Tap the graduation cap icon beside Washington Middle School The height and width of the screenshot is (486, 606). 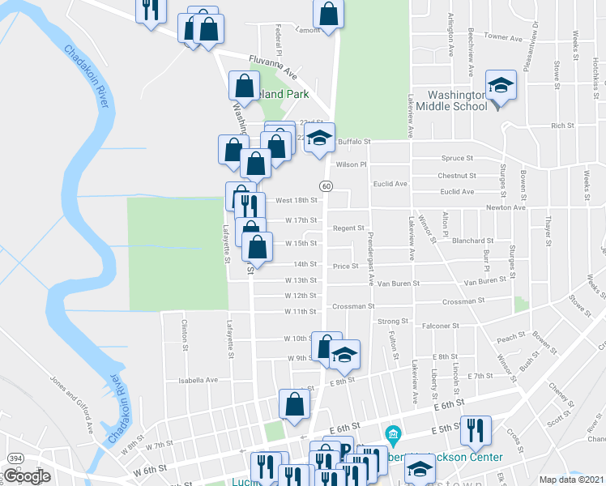click(x=501, y=87)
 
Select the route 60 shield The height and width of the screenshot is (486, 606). click(x=326, y=186)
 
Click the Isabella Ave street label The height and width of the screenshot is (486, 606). click(x=199, y=379)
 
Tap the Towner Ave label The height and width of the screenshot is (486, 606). click(x=503, y=37)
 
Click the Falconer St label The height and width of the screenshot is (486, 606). click(x=441, y=326)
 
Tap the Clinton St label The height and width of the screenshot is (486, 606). click(x=185, y=331)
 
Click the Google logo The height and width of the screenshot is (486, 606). click(x=27, y=476)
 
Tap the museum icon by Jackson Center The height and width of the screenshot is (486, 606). click(x=394, y=435)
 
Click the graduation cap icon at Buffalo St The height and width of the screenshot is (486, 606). click(x=320, y=137)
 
